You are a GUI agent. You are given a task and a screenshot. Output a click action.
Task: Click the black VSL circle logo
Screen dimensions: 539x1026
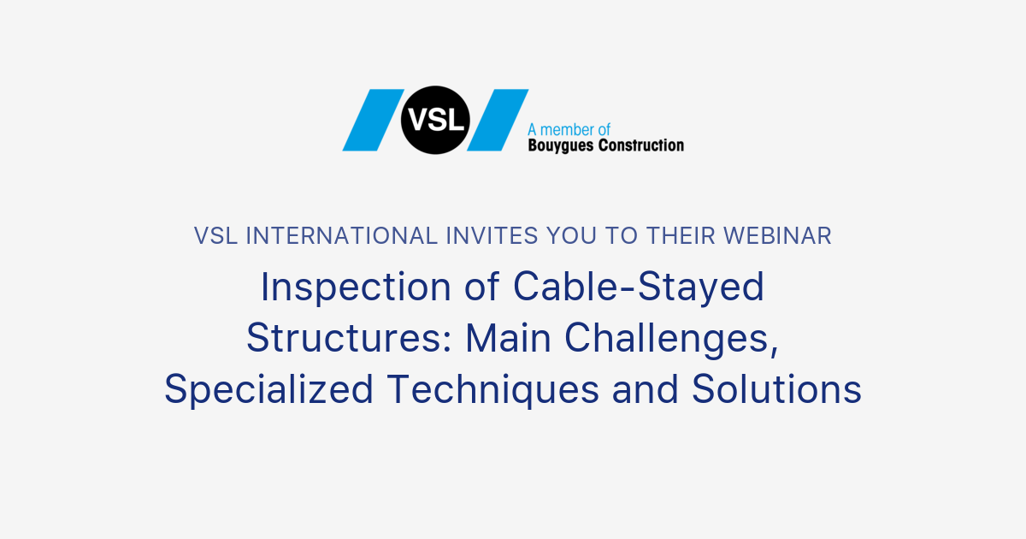tap(434, 120)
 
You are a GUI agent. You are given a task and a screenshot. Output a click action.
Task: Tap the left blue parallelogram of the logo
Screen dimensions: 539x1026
tap(373, 120)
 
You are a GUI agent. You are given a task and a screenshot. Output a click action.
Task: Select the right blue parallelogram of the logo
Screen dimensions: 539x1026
tap(498, 120)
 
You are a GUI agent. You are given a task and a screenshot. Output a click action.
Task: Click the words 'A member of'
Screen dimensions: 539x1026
tap(569, 129)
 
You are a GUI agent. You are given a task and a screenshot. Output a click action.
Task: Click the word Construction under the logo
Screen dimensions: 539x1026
tap(641, 145)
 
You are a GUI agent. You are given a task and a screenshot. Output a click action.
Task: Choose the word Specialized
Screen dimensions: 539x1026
tap(268, 390)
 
